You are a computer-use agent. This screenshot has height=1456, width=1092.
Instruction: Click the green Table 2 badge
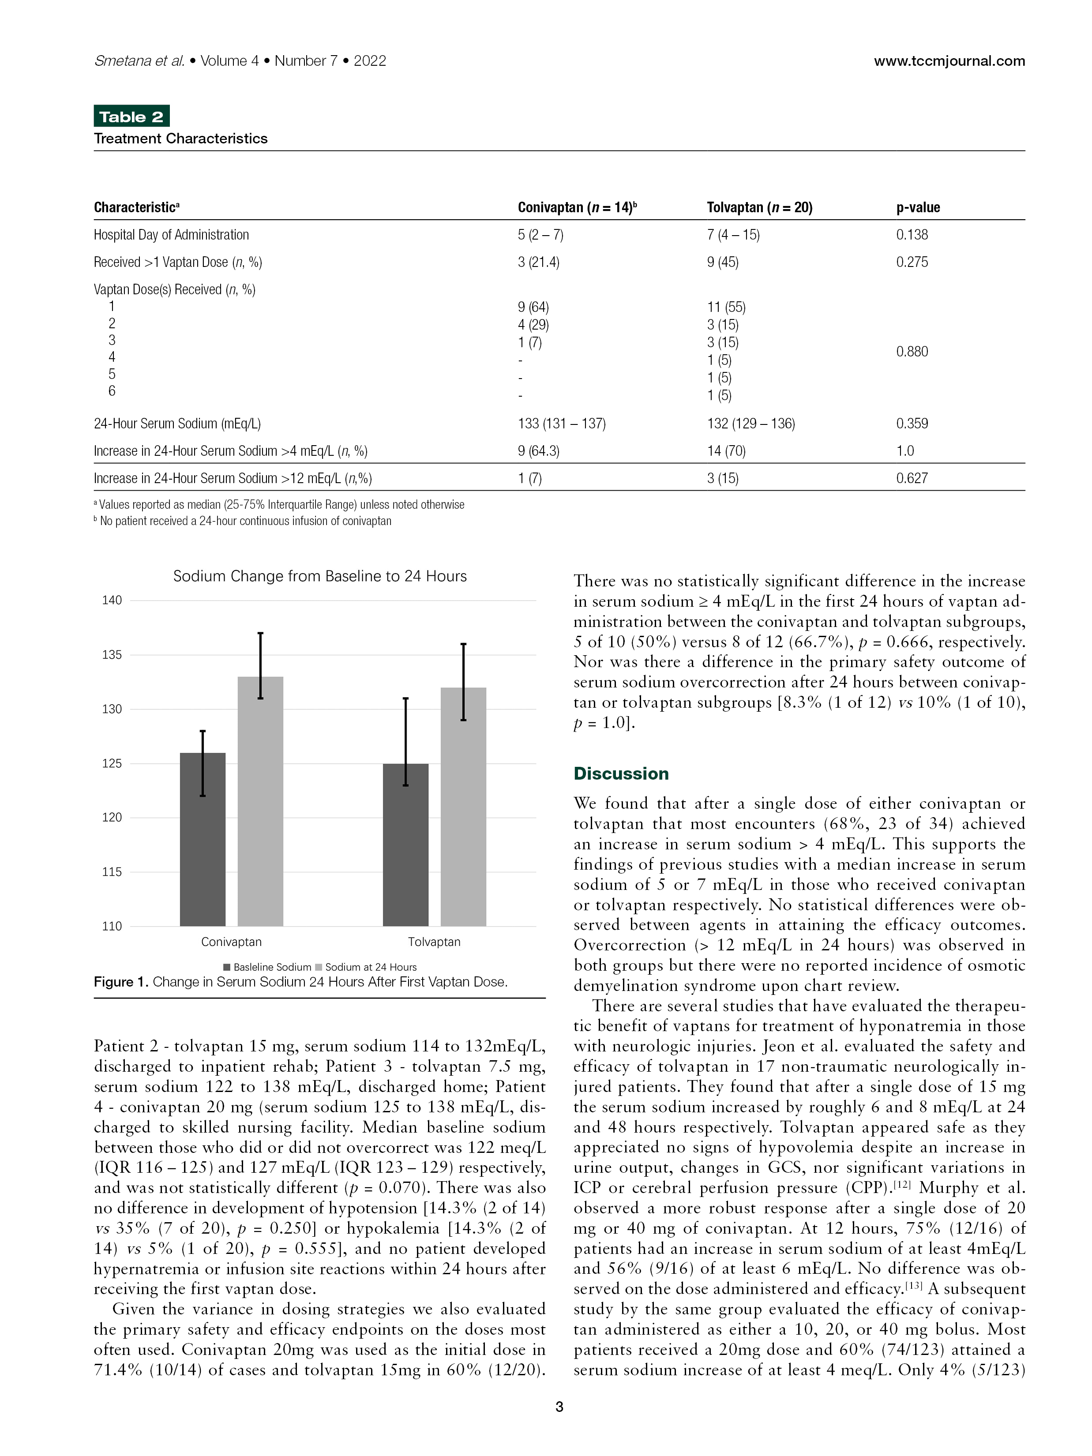pos(131,116)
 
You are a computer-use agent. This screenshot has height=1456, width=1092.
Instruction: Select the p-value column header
pos(918,207)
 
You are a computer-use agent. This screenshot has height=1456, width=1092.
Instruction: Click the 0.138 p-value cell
pos(912,235)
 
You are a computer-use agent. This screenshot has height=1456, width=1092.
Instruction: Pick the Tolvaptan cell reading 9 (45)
pos(723,262)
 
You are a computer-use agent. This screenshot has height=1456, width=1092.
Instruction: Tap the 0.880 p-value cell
pos(912,352)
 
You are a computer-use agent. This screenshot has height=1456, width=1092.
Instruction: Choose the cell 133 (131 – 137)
pos(562,423)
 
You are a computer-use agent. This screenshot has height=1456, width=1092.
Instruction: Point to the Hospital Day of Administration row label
pos(171,235)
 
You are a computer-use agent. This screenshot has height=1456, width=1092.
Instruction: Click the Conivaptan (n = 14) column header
pos(577,207)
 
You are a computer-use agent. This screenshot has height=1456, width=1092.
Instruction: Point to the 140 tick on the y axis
pos(112,600)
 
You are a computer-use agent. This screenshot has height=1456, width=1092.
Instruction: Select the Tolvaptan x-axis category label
pos(434,942)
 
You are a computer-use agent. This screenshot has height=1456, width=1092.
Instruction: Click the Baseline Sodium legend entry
pos(267,967)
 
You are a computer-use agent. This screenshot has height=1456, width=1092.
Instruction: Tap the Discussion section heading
pos(621,773)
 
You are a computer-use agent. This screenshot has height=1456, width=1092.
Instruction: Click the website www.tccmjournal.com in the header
pos(949,61)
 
